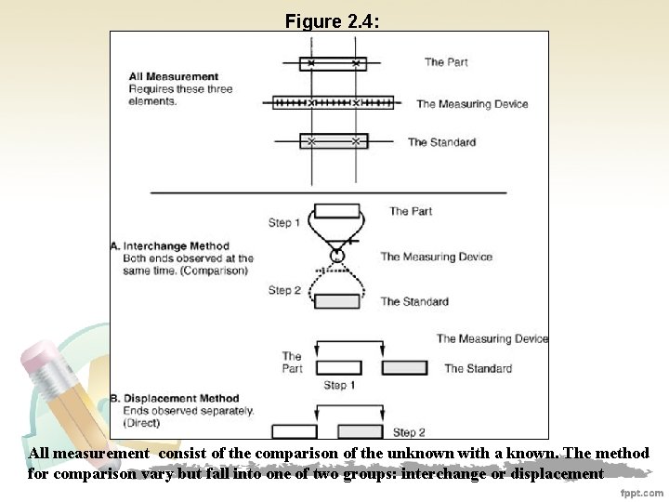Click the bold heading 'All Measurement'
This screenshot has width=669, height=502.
point(174,76)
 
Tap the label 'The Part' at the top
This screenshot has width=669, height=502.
point(446,62)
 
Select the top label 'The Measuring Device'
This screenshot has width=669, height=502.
point(472,103)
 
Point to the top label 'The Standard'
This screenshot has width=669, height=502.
point(441,142)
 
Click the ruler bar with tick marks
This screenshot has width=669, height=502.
point(333,102)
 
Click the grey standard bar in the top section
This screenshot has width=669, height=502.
point(334,141)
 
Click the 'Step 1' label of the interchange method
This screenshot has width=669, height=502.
point(284,223)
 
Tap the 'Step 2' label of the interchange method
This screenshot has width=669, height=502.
point(284,290)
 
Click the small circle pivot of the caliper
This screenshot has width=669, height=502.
point(334,256)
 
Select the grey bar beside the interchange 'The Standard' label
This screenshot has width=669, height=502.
point(336,301)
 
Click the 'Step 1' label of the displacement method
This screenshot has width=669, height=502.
point(335,385)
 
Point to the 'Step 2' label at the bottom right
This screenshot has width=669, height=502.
point(409,432)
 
